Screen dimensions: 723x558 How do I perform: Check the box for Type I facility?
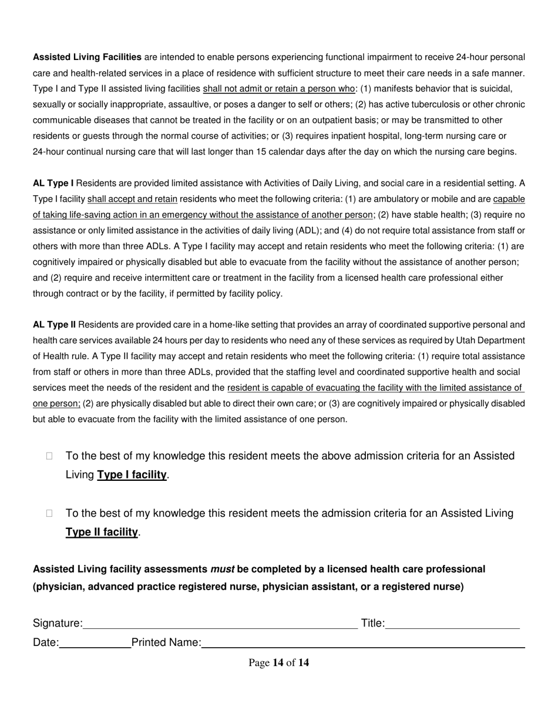(x=49, y=456)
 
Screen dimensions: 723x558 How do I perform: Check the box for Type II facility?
(x=49, y=513)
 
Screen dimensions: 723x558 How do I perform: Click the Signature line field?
(x=220, y=626)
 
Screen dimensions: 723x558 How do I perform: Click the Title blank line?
(x=452, y=626)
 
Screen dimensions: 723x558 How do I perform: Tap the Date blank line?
(x=95, y=645)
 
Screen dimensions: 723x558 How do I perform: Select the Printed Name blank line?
(x=363, y=645)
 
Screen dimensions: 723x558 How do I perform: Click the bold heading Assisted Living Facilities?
(x=87, y=57)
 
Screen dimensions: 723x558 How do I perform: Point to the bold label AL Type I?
(x=53, y=183)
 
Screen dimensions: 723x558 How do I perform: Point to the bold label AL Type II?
(x=55, y=324)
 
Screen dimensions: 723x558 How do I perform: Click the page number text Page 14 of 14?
(x=279, y=663)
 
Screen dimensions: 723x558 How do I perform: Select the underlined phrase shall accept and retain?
(x=132, y=199)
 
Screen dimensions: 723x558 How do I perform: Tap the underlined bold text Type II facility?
(x=102, y=532)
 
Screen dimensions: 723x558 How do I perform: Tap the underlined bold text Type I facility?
(x=132, y=474)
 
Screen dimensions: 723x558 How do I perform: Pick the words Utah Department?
(x=492, y=340)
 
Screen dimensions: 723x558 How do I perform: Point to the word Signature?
(x=56, y=623)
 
